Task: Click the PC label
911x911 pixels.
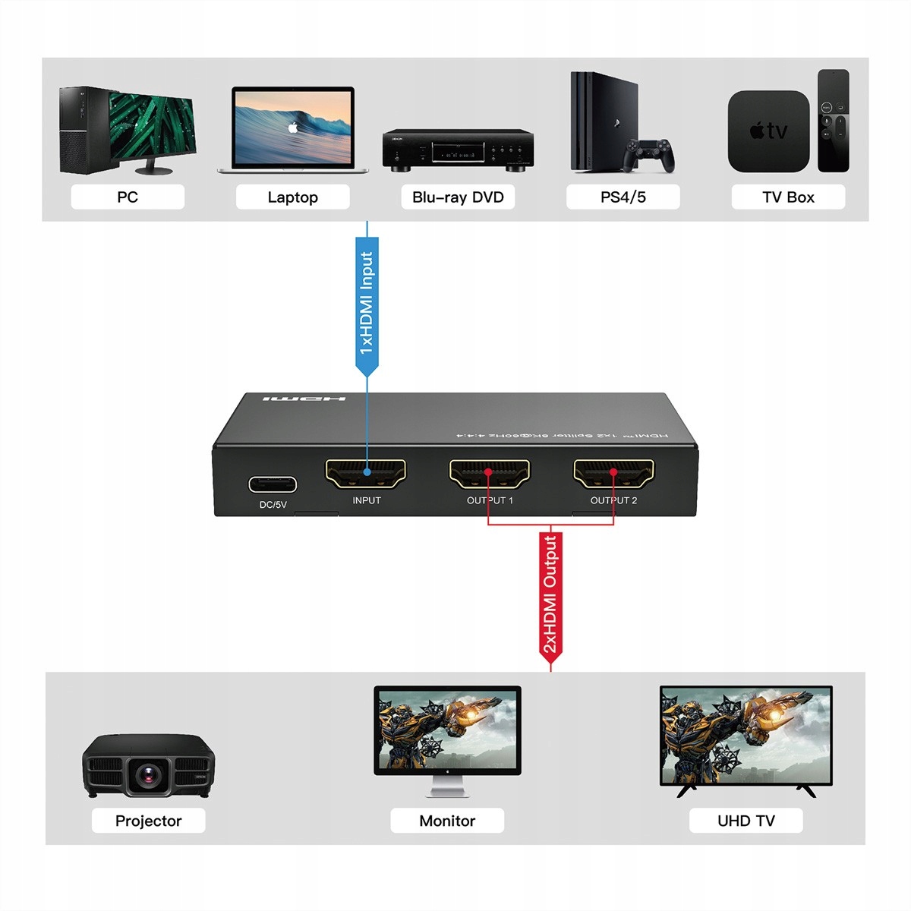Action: click(128, 197)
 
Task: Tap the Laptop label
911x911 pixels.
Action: click(292, 197)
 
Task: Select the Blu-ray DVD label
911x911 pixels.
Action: click(458, 197)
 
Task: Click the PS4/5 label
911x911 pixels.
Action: click(623, 197)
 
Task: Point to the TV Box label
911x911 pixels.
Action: click(788, 197)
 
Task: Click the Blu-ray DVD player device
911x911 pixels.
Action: click(458, 149)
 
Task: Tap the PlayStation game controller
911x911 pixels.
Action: click(648, 154)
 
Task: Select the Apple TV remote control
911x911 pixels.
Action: click(833, 121)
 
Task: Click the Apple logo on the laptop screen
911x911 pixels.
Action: click(292, 127)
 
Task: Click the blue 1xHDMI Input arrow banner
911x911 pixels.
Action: click(367, 304)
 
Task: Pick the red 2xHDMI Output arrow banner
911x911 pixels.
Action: click(550, 596)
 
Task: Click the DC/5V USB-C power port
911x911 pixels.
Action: click(273, 484)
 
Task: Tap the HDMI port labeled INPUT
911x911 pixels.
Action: click(366, 474)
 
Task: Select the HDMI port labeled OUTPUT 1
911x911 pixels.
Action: click(490, 474)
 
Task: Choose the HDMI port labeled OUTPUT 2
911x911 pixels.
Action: click(613, 474)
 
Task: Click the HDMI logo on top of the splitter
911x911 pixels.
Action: click(304, 399)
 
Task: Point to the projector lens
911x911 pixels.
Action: click(149, 775)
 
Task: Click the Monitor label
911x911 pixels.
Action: click(447, 821)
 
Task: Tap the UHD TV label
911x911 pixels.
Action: click(746, 821)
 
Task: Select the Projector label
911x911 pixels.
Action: click(148, 821)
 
